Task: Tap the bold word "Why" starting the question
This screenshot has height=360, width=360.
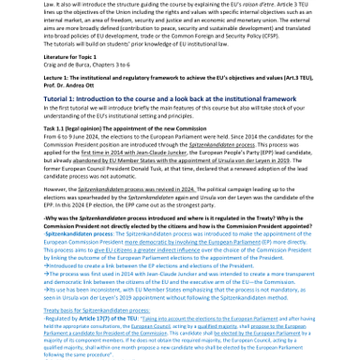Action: pos(52,218)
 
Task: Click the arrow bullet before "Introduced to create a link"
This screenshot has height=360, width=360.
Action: pos(47,264)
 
